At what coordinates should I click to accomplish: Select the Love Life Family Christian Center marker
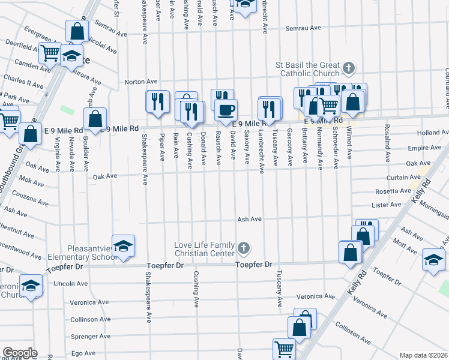244,247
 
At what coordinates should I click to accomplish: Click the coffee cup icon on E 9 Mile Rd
226,110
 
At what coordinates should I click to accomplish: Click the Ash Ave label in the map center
249,220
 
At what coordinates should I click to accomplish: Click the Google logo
20,353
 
